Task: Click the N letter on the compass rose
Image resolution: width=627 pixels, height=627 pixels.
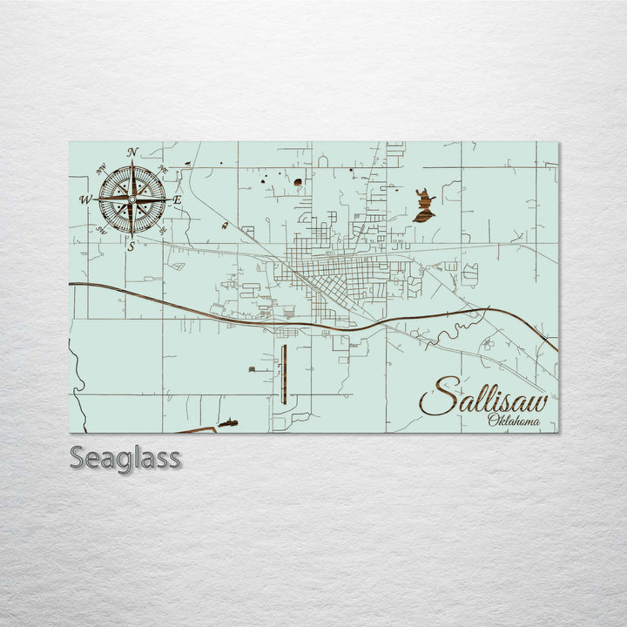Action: [132, 152]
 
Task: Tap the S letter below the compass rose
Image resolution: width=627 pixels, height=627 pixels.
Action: [131, 246]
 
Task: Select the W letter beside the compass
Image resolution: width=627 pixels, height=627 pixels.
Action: [85, 200]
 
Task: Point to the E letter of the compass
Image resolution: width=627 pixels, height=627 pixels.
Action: [177, 200]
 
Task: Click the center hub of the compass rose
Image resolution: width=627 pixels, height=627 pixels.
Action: [131, 199]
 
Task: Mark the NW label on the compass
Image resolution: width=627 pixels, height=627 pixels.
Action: [103, 169]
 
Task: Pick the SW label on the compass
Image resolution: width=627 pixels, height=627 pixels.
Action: [102, 231]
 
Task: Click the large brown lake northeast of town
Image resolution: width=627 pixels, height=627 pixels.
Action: [424, 206]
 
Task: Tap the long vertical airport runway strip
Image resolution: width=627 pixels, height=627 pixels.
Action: [284, 374]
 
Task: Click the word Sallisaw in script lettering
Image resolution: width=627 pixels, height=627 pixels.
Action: [484, 399]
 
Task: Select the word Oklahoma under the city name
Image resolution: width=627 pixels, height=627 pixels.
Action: [513, 422]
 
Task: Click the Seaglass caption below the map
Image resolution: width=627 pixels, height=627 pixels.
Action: [125, 458]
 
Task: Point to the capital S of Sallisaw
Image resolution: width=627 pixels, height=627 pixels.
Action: [438, 397]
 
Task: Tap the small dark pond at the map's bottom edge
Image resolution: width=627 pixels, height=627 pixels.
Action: [228, 423]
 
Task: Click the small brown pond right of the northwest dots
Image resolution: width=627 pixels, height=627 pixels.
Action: [298, 183]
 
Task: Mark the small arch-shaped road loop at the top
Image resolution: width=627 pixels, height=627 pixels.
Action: [322, 161]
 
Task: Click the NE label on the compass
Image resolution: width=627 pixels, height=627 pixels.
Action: [162, 169]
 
